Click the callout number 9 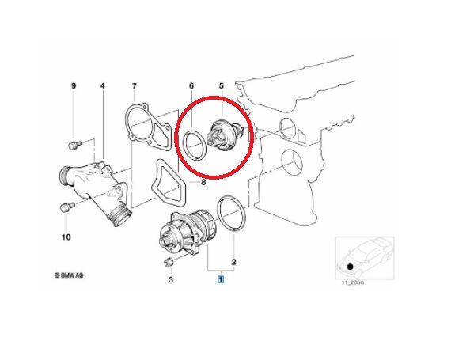coord(74,85)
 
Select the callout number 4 coord(102,85)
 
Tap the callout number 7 coord(134,85)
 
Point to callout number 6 coord(191,85)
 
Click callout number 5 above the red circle coord(221,85)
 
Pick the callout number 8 coord(203,182)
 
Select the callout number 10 coord(66,237)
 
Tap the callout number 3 coord(169,279)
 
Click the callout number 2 coord(233,260)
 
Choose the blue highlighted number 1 coord(221,279)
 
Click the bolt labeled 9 coord(73,145)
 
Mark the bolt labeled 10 coord(66,208)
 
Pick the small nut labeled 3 coord(168,262)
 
